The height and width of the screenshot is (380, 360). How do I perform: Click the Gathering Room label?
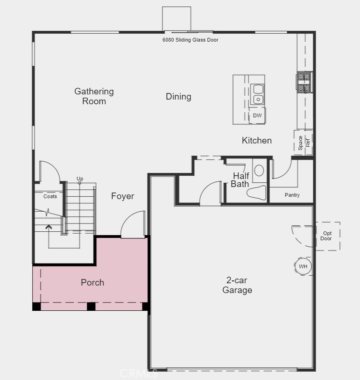[x=94, y=96]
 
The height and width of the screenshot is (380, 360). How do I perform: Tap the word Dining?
[x=178, y=97]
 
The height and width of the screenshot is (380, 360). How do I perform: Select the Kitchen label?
[x=256, y=140]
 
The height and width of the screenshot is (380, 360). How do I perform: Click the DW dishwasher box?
[x=257, y=115]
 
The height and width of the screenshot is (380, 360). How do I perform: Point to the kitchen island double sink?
[x=257, y=94]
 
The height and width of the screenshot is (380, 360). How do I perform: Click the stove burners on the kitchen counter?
[x=304, y=82]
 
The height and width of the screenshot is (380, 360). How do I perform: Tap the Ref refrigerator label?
[x=308, y=143]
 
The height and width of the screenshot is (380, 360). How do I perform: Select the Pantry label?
[x=292, y=195]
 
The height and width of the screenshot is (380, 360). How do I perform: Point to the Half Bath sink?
[x=259, y=170]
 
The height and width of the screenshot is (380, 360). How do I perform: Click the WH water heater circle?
[x=303, y=266]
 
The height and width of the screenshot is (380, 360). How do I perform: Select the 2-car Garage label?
[x=237, y=285]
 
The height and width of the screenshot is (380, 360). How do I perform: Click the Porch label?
[x=92, y=282]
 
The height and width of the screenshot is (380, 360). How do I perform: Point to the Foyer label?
[x=122, y=196]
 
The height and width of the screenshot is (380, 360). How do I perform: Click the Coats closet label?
[x=50, y=196]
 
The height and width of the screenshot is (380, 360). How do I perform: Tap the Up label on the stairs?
[x=80, y=179]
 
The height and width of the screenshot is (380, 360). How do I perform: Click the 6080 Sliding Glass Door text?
[x=190, y=40]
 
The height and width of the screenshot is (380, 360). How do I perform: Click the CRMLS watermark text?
[x=139, y=373]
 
